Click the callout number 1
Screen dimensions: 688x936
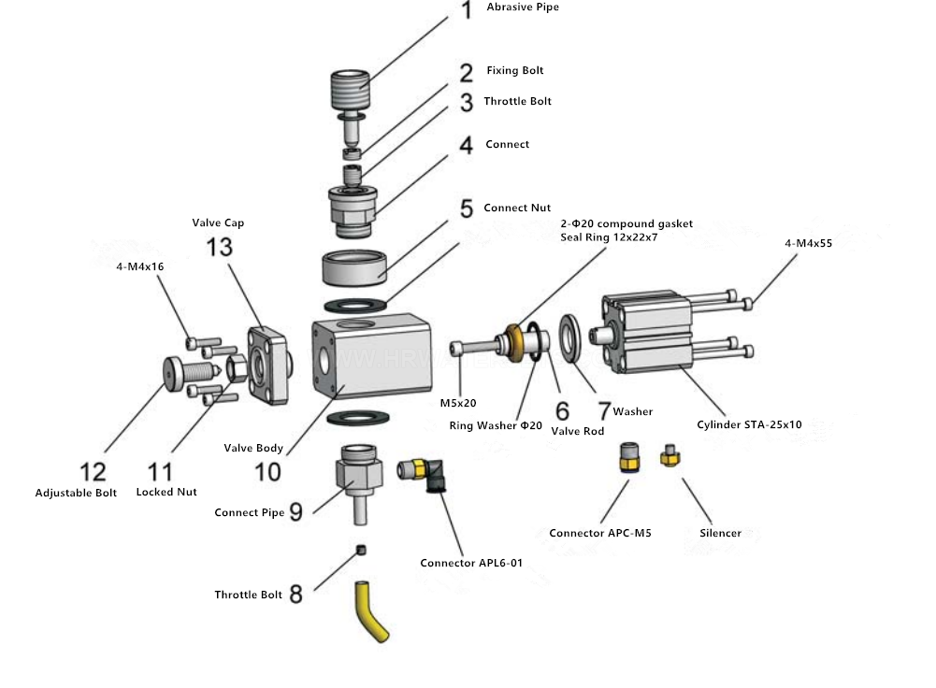tap(466, 12)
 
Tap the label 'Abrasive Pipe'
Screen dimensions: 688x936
tap(523, 7)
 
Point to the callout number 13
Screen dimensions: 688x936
tap(220, 248)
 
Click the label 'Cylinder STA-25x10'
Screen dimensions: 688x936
tap(749, 424)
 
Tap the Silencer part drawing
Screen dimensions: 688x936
tap(668, 457)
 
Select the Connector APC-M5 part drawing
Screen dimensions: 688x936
tap(628, 458)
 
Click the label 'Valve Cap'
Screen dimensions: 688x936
tap(218, 222)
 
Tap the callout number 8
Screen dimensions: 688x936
tap(295, 594)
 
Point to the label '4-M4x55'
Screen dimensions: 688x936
tap(809, 243)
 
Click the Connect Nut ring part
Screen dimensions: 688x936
tap(356, 268)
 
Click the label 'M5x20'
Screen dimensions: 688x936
tap(458, 404)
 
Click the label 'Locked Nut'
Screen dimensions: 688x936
tap(166, 492)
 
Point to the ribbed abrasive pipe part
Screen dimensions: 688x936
tap(353, 93)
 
